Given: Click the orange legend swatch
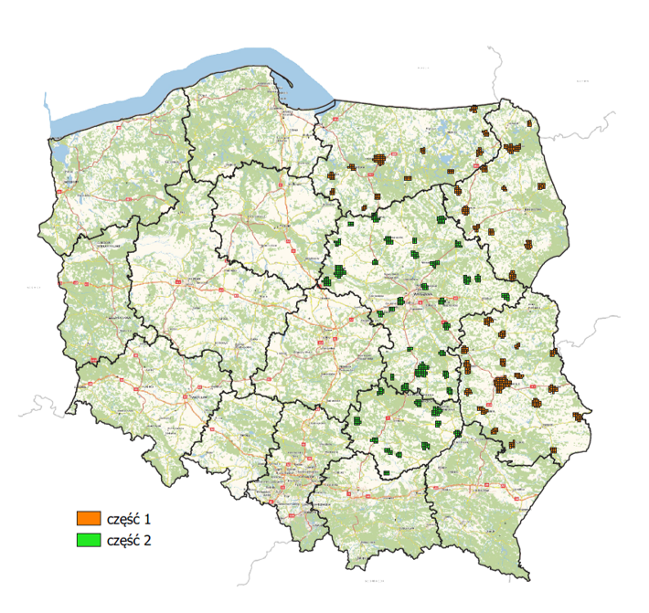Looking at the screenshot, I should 88,519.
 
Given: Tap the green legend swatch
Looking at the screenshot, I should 88,539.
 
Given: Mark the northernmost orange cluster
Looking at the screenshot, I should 473,109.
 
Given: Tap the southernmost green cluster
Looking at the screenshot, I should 387,472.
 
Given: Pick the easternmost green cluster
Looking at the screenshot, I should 507,296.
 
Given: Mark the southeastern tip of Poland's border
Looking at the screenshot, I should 528,576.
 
